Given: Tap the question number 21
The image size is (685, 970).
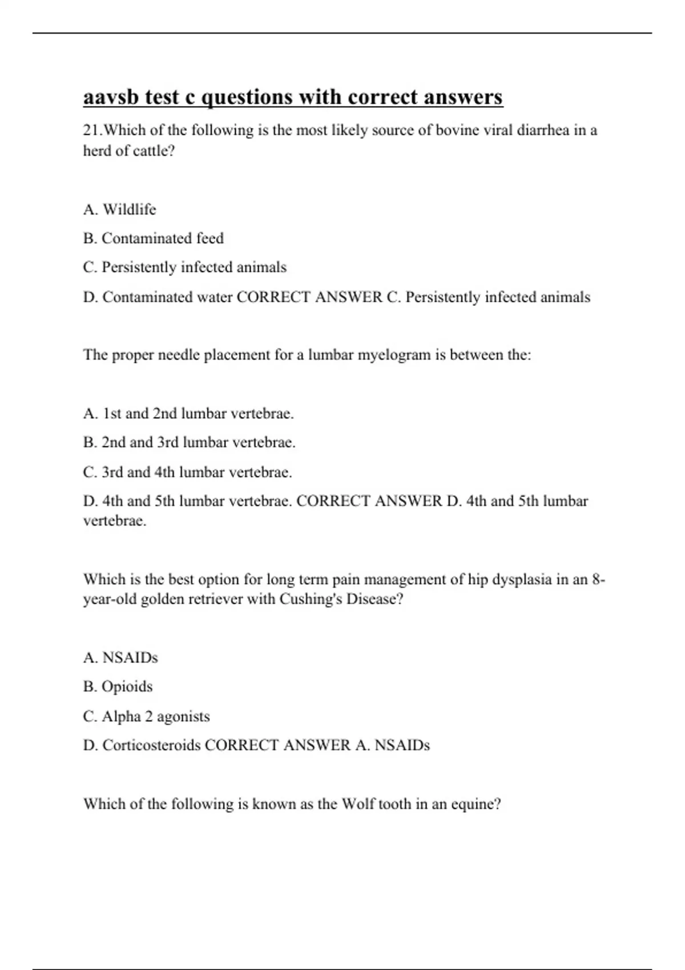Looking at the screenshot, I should [92, 131].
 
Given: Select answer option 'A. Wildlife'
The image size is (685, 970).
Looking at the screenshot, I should [119, 209].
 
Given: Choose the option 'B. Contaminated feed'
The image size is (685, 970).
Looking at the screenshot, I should [153, 238].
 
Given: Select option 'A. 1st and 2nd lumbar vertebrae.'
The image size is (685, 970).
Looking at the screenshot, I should [188, 413].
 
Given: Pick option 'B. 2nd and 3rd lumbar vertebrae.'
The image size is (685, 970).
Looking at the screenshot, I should [189, 442].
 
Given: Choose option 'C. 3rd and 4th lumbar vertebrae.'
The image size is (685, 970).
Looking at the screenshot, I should [187, 472].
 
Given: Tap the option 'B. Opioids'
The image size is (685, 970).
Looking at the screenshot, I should [118, 686].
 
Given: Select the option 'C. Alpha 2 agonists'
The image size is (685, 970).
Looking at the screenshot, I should [146, 716].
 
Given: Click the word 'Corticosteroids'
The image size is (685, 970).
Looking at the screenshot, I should [151, 745].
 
